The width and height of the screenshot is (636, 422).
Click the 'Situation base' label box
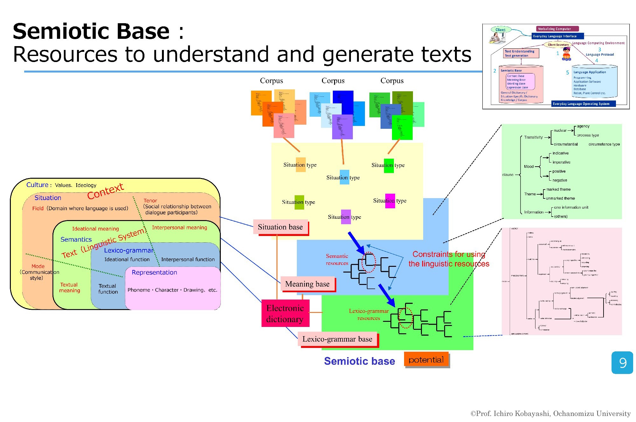pyautogui.click(x=280, y=227)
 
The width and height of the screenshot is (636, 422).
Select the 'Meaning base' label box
pyautogui.click(x=307, y=284)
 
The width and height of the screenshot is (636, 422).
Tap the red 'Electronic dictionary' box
pyautogui.click(x=285, y=313)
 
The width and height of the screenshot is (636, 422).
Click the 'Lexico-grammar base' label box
pyautogui.click(x=337, y=339)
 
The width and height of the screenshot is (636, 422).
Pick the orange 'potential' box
pyautogui.click(x=426, y=360)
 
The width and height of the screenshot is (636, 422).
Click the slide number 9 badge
pyautogui.click(x=622, y=363)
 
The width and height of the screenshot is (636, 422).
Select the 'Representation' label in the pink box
pyautogui.click(x=154, y=273)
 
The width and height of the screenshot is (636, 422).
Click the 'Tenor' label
pyautogui.click(x=150, y=201)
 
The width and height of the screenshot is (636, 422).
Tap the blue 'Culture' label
pyautogui.click(x=37, y=185)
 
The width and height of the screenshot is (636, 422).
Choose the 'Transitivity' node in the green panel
pyautogui.click(x=534, y=137)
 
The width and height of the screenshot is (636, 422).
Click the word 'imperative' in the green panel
pyautogui.click(x=561, y=162)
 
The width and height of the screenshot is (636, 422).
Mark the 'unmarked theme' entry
pyautogui.click(x=560, y=198)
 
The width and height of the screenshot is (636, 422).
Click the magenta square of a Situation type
pyautogui.click(x=390, y=201)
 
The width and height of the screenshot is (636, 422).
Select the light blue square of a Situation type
pyautogui.click(x=344, y=177)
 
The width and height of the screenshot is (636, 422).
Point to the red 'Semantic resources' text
pyautogui.click(x=337, y=259)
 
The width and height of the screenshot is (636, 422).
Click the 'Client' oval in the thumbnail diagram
pyautogui.click(x=500, y=30)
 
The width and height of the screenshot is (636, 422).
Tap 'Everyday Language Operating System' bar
pyautogui.click(x=581, y=104)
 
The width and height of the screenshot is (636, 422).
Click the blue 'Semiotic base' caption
pyautogui.click(x=359, y=361)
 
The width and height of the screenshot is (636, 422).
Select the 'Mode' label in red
pyautogui.click(x=38, y=266)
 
